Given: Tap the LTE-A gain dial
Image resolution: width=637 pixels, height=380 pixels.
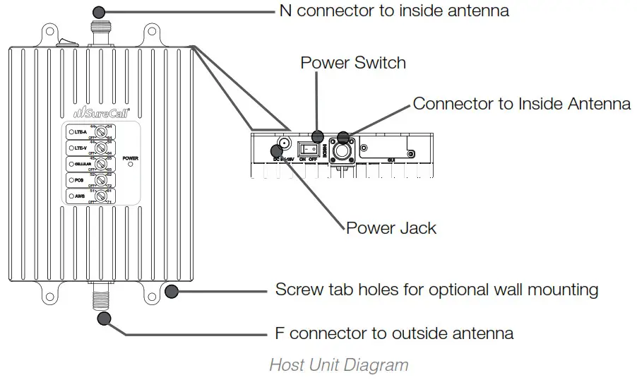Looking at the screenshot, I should pos(102,132).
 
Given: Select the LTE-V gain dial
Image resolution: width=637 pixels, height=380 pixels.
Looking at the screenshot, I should pos(102,148).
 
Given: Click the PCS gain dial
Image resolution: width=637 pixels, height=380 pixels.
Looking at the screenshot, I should pos(102,180).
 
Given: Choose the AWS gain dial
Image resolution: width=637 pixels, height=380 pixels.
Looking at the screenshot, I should pos(102,196).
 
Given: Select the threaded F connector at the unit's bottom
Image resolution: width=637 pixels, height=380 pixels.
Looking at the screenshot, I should pos(99,301).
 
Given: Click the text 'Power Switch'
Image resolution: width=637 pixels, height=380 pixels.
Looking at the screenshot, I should pos(353,63).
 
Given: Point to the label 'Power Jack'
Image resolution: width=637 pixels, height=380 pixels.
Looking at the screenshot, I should pos(391,228).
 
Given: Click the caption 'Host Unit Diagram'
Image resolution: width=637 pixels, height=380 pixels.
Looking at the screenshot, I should pos(339,365).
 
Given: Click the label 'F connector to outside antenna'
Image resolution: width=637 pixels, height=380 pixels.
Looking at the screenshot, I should pos(394,333).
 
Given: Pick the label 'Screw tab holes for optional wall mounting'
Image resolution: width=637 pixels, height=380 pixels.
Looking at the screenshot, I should pos(436,290).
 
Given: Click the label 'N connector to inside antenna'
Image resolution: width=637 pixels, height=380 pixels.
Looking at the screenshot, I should pos(394,11).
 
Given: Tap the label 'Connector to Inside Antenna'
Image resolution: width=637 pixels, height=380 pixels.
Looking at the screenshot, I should pos(521,104).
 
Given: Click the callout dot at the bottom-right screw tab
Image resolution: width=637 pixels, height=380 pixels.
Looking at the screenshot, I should pos(169,290).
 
